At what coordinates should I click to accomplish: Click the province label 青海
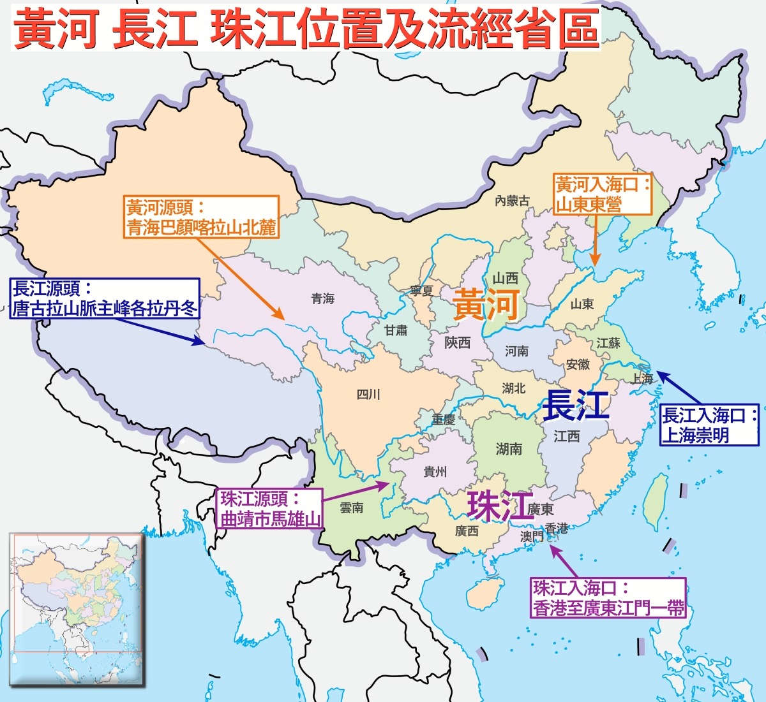[323, 298]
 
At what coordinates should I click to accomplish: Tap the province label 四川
[368, 395]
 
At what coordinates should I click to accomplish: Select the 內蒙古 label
[512, 201]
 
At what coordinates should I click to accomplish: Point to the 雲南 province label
[351, 508]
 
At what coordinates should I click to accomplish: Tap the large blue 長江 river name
[575, 406]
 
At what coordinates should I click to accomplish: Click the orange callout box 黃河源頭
[201, 217]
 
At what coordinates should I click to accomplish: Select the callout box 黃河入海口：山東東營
[603, 194]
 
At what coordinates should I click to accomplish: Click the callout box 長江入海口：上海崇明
[710, 425]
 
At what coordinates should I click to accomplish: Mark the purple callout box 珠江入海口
[608, 597]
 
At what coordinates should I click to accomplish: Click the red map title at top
[306, 29]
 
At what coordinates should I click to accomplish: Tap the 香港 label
[556, 529]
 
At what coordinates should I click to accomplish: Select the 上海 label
[642, 379]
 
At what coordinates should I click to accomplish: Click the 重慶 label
[443, 420]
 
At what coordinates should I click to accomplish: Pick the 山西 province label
[505, 279]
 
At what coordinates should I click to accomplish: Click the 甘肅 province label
[396, 330]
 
